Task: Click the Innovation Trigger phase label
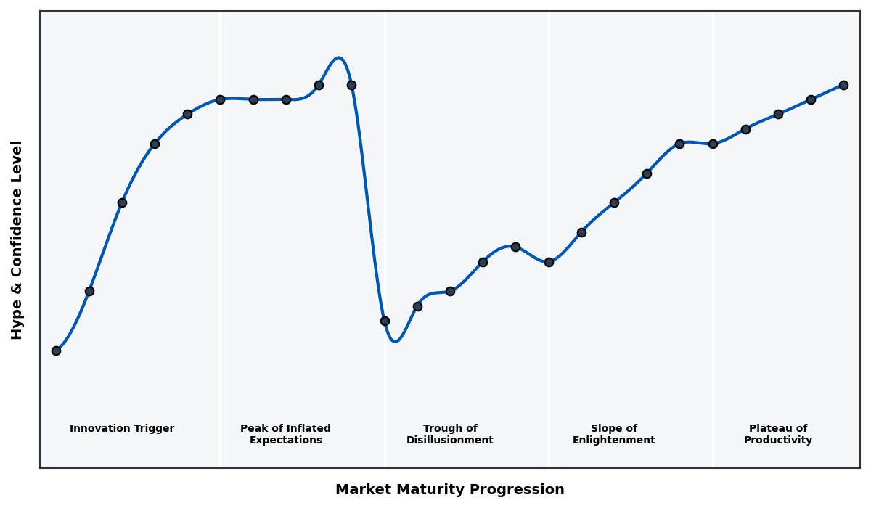point(122,429)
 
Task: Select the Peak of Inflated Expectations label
point(285,434)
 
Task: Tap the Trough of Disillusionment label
point(450,434)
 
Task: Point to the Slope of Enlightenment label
point(614,434)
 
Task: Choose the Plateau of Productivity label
point(778,434)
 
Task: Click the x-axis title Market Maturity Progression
point(450,490)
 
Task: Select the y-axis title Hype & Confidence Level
point(17,239)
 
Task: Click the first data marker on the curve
point(56,351)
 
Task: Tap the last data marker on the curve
point(843,85)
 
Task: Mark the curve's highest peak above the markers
point(338,58)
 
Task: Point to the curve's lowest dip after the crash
point(395,341)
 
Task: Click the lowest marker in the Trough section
point(385,321)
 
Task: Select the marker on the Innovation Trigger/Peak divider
point(220,99)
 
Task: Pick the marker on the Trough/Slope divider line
point(549,262)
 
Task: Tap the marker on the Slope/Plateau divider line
point(713,144)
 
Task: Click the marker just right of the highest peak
point(351,85)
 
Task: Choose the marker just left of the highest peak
point(319,85)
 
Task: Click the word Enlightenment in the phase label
point(614,441)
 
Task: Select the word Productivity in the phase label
point(778,441)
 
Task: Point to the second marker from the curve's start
point(89,291)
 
